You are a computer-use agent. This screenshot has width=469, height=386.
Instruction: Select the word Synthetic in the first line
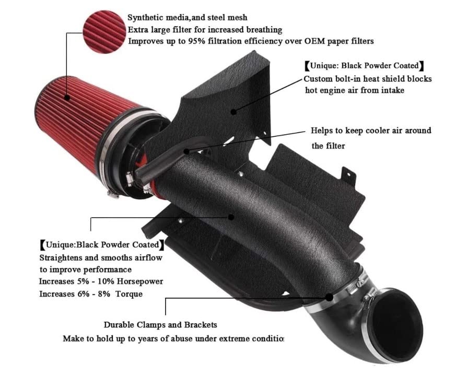[147, 18]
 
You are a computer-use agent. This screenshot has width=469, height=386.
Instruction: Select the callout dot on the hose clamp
[330, 297]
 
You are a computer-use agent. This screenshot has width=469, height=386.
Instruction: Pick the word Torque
[130, 294]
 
